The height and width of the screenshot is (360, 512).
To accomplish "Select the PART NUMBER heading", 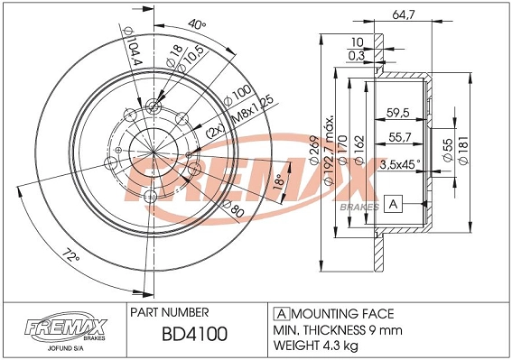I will tap(171, 311).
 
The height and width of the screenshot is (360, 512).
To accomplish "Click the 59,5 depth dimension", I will tap(397, 113).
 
